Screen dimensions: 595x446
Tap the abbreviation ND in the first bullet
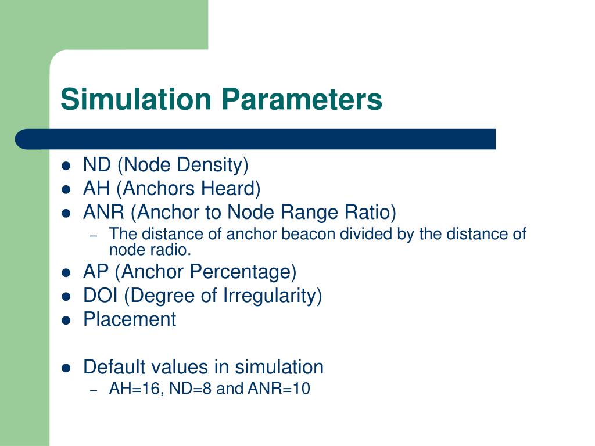click(97, 166)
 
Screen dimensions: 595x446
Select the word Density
click(213, 166)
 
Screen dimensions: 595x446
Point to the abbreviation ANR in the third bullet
click(104, 213)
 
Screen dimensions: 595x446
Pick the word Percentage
click(245, 272)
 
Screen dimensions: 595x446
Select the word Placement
click(130, 319)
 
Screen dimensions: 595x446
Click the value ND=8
click(191, 389)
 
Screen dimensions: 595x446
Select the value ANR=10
click(279, 389)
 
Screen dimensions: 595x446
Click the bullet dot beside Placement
click(66, 320)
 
